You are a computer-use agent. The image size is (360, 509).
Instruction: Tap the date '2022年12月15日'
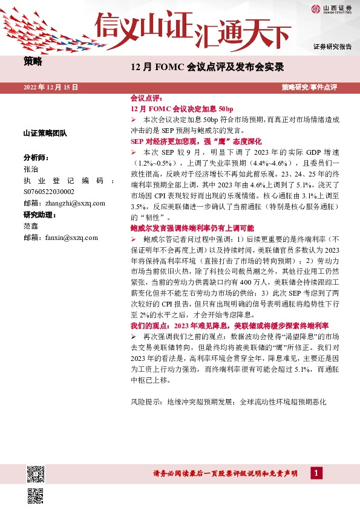point(51,87)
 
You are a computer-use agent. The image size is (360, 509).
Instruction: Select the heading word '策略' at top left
point(33,61)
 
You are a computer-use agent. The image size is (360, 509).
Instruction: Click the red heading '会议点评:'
point(146,97)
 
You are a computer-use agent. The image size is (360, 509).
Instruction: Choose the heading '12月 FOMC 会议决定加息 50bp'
point(173,108)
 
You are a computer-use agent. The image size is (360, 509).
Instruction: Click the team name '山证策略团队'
point(45,132)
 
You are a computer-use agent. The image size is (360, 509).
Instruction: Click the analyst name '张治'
point(30,169)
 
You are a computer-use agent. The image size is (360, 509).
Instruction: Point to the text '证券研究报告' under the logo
point(332,47)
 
